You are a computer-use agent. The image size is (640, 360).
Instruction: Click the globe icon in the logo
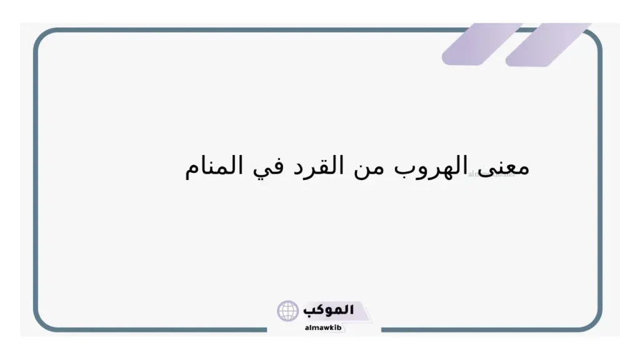288,311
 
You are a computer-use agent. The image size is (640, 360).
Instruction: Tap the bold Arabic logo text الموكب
329,309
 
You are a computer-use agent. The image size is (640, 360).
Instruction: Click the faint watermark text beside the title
491,174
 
